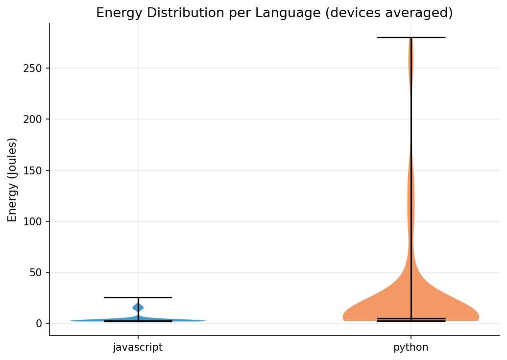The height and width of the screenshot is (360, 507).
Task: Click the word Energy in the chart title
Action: (x=115, y=13)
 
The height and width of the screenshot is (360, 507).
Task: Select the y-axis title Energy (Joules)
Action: (x=12, y=179)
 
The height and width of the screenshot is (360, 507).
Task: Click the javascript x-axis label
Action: (x=138, y=348)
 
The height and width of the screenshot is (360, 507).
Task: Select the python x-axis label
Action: (x=410, y=348)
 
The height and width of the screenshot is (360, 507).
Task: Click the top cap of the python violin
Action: (x=410, y=37)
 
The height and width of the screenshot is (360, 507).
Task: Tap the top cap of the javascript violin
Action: (x=138, y=297)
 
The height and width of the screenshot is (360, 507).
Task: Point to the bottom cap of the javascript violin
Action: (x=138, y=321)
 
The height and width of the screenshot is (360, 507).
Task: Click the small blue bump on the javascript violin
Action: (x=138, y=307)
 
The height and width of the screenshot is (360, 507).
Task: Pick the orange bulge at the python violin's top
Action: (x=410, y=61)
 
